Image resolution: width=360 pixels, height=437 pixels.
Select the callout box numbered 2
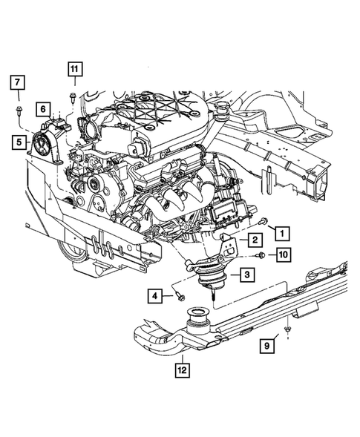pos(253,240)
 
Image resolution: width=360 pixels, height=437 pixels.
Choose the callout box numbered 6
pos(45,109)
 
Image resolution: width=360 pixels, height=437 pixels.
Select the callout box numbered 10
pos(283,255)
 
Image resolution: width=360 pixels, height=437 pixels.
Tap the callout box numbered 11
pos(75,70)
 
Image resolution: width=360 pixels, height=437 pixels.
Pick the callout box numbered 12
pos(181,367)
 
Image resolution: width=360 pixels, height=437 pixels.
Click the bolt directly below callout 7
pos(19,112)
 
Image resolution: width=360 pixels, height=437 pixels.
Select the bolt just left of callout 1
pos(264,221)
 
